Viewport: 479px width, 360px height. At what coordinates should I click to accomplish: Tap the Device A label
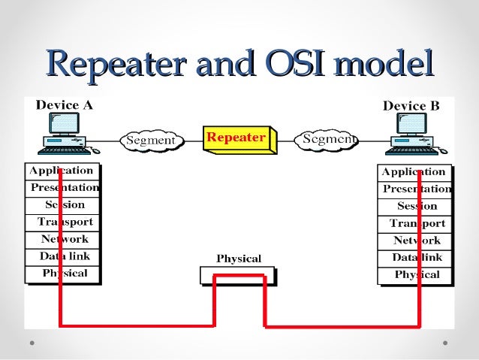pos(65,105)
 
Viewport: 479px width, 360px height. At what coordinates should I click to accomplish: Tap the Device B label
pos(411,106)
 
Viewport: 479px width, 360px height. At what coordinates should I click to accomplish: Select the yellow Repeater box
pos(236,139)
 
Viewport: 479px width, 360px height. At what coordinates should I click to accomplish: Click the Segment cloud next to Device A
pos(151,141)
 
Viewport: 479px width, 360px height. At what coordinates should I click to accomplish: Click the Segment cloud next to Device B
pos(329,141)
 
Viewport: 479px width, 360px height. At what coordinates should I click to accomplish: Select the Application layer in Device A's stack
pos(62,171)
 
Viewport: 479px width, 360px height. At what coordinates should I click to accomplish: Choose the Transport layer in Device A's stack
pos(65,222)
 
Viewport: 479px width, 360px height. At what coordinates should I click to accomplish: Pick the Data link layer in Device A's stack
pos(65,256)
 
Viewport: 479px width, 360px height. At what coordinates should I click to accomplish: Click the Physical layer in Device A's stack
pos(65,274)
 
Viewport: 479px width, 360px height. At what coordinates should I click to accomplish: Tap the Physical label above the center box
pos(239,259)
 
